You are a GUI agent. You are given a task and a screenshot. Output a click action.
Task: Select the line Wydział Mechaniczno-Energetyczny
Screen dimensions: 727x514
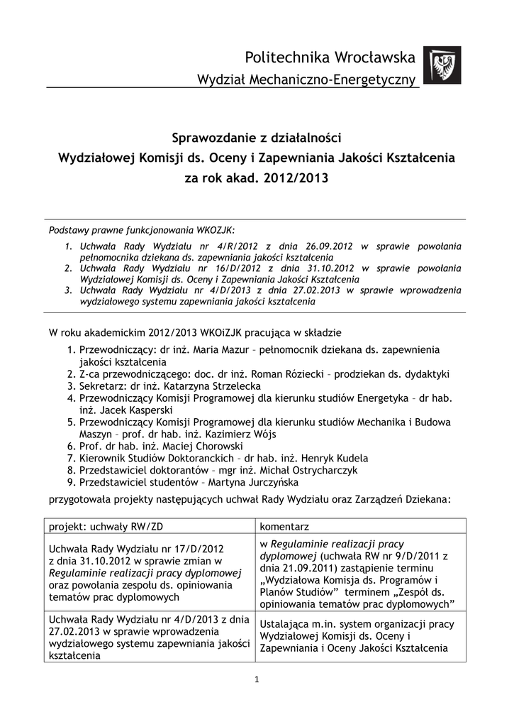[306, 81]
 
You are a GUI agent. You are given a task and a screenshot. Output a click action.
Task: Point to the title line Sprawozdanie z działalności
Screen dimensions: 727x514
[257, 136]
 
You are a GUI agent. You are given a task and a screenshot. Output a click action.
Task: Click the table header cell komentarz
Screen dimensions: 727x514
[284, 526]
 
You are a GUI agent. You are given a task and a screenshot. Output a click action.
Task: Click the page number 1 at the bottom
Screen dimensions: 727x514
[257, 679]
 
